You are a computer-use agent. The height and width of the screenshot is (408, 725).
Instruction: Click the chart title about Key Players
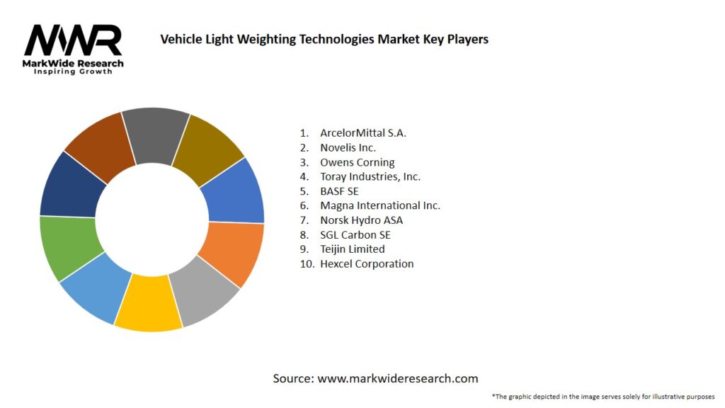[324, 39]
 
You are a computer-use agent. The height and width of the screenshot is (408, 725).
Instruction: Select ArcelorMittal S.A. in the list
[363, 132]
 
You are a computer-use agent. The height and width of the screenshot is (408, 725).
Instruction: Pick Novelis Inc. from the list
[348, 147]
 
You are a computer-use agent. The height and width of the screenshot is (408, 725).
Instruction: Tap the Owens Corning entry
[357, 162]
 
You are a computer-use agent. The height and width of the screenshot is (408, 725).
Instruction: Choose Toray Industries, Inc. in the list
[370, 176]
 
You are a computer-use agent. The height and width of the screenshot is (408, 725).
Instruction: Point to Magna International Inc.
[379, 205]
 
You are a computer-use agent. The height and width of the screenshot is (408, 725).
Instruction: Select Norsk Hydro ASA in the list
[361, 220]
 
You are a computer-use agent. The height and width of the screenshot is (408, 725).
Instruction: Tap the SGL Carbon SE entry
[355, 234]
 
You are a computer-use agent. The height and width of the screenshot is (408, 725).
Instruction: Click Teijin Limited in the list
[352, 249]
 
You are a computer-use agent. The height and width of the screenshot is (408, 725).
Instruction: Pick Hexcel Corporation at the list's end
[367, 263]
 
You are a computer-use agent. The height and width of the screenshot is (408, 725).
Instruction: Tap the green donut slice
[67, 249]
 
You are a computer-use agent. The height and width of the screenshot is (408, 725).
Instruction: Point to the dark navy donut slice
[71, 186]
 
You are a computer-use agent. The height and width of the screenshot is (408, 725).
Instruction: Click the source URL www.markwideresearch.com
[397, 378]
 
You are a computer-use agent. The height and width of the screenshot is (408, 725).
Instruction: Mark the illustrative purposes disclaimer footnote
[603, 396]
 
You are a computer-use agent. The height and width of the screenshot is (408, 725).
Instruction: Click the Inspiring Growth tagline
[73, 72]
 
